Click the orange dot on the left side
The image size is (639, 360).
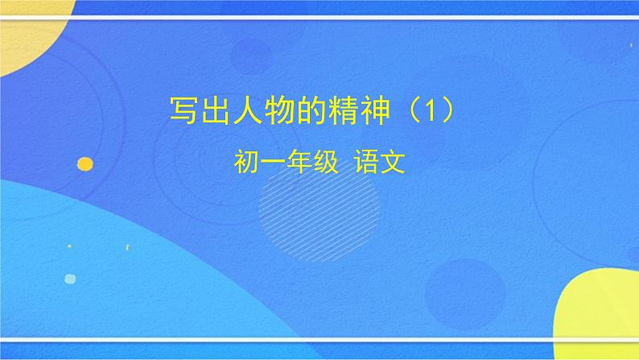coord(85,164)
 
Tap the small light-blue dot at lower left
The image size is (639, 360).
coord(70,279)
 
